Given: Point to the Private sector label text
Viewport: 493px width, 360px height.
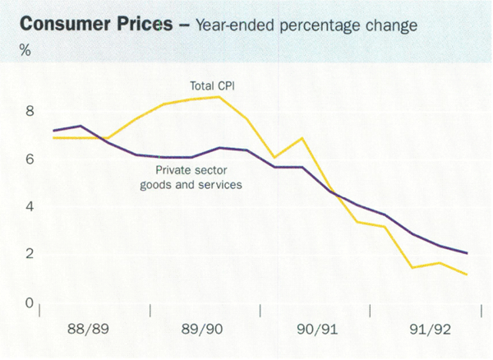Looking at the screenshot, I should [x=196, y=171].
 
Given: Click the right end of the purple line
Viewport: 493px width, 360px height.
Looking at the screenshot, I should [x=467, y=253].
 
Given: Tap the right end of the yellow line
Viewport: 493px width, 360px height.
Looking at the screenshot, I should [x=467, y=275].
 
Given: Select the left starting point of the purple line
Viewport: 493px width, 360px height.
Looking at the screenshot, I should [x=53, y=131].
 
